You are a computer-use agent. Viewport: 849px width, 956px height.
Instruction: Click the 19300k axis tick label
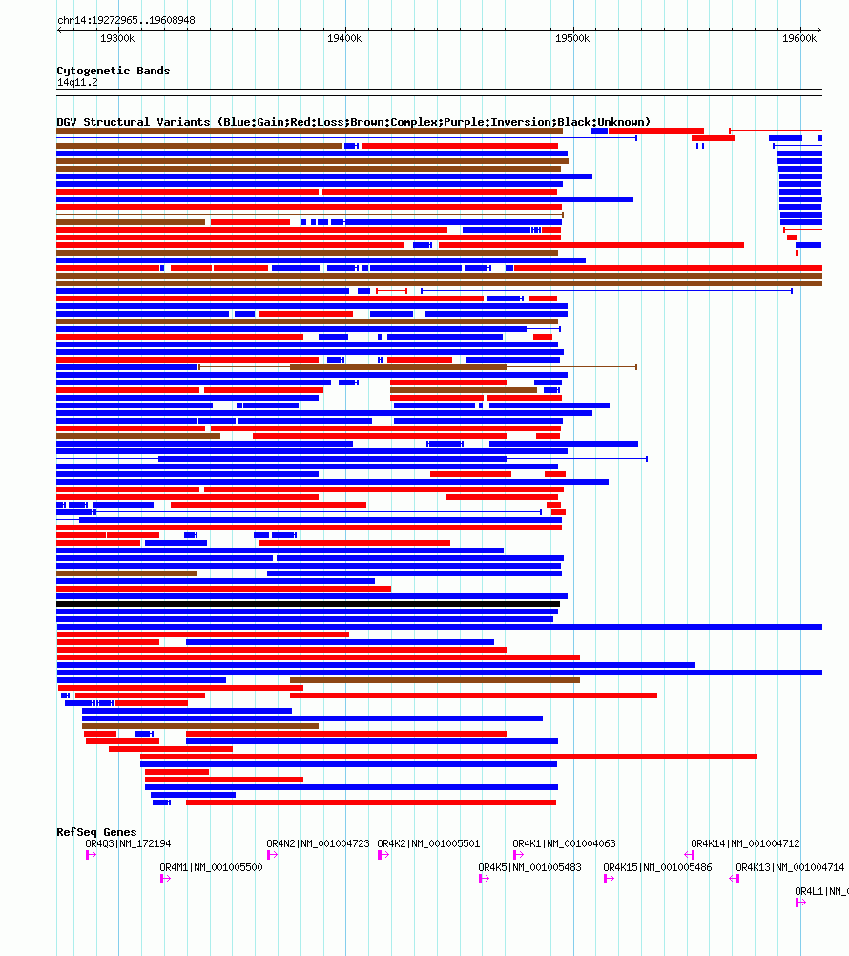pyautogui.click(x=117, y=38)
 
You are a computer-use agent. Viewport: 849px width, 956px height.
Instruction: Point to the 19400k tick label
pyautogui.click(x=344, y=38)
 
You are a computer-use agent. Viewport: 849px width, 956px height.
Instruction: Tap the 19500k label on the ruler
pyautogui.click(x=572, y=38)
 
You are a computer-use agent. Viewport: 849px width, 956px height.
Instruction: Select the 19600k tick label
pyautogui.click(x=799, y=38)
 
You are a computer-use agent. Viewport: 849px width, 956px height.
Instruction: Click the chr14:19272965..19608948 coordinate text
pyautogui.click(x=126, y=20)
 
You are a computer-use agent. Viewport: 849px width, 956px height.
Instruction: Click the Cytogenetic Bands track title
pyautogui.click(x=114, y=71)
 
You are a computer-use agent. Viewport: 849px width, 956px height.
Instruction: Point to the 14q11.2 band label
pyautogui.click(x=77, y=82)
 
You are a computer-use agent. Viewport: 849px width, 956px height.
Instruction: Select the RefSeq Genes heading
pyautogui.click(x=96, y=832)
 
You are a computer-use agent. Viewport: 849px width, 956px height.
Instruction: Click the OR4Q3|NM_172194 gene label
pyautogui.click(x=128, y=843)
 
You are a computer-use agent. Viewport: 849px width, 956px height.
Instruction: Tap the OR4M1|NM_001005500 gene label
pyautogui.click(x=211, y=867)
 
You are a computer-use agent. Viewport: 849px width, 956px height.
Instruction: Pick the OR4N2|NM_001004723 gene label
pyautogui.click(x=318, y=843)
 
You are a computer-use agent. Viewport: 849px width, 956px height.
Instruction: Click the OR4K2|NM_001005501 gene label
pyautogui.click(x=428, y=843)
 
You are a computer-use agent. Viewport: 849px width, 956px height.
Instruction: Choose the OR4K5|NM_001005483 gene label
pyautogui.click(x=529, y=867)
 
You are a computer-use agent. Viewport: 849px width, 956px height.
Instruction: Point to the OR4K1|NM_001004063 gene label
pyautogui.click(x=564, y=843)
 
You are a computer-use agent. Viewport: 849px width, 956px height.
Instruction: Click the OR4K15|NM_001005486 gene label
pyautogui.click(x=657, y=867)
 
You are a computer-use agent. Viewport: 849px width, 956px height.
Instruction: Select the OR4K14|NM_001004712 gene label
pyautogui.click(x=745, y=843)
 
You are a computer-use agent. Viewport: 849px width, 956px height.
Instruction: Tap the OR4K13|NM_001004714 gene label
pyautogui.click(x=790, y=867)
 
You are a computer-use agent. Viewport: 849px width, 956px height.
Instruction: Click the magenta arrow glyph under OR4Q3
pyautogui.click(x=91, y=855)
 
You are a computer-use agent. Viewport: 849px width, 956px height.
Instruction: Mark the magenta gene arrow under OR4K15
pyautogui.click(x=609, y=879)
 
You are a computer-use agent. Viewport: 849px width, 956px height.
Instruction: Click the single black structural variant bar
pyautogui.click(x=308, y=604)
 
